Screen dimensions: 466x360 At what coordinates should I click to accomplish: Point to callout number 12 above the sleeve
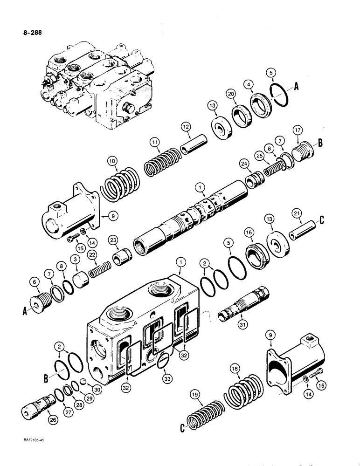[x=186, y=127]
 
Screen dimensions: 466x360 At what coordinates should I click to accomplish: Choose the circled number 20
[x=243, y=94]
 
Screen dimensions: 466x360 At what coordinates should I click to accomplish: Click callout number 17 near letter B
[x=297, y=129]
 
